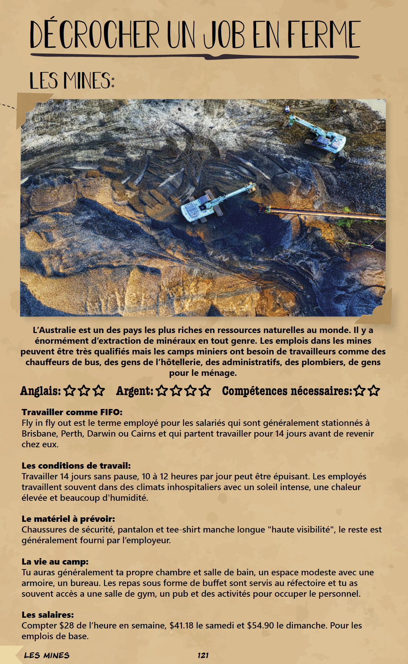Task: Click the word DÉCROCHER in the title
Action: (x=94, y=35)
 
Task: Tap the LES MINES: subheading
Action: (x=72, y=81)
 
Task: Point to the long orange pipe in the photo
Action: (x=324, y=212)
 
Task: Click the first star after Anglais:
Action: (x=70, y=391)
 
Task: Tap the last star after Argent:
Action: (x=205, y=391)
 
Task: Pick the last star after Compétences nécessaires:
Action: (x=374, y=391)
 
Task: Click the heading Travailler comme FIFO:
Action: (x=72, y=412)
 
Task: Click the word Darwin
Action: (x=101, y=433)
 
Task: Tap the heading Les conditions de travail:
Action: (x=76, y=466)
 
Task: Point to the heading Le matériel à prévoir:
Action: (x=68, y=519)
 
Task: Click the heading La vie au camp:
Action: (x=55, y=562)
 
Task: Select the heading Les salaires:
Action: (x=48, y=615)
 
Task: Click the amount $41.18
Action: (x=181, y=625)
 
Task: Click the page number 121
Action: (x=203, y=655)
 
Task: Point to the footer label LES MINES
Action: (x=47, y=655)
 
